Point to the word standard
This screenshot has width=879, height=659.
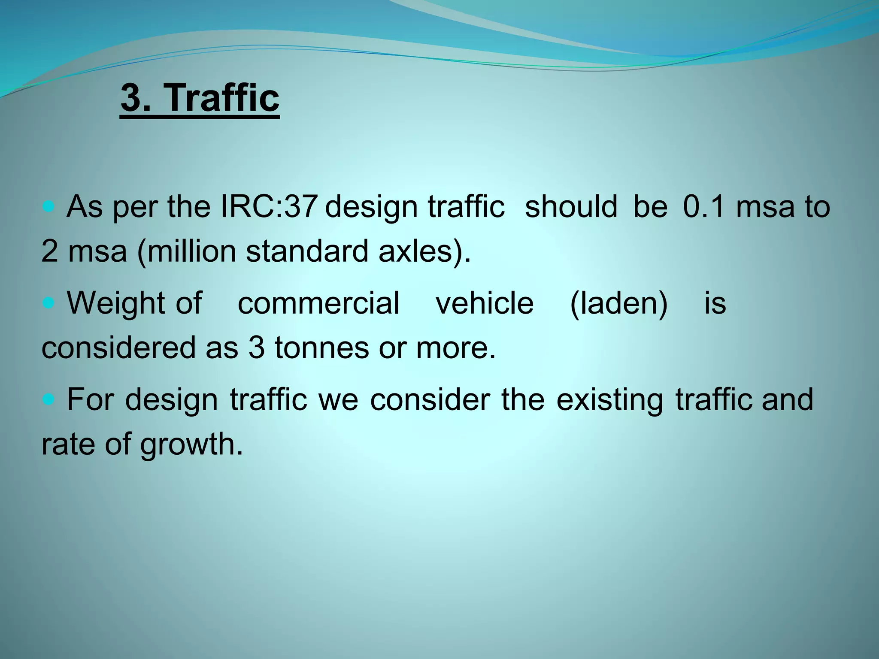(307, 251)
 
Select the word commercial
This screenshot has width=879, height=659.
(318, 303)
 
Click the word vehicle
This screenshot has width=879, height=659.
(485, 303)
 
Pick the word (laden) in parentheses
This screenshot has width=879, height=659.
(618, 303)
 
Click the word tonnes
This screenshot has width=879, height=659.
(321, 348)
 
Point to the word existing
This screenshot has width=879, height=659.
(609, 399)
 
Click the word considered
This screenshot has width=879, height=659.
(118, 348)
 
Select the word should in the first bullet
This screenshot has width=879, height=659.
(571, 206)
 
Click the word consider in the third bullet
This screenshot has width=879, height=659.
(430, 399)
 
